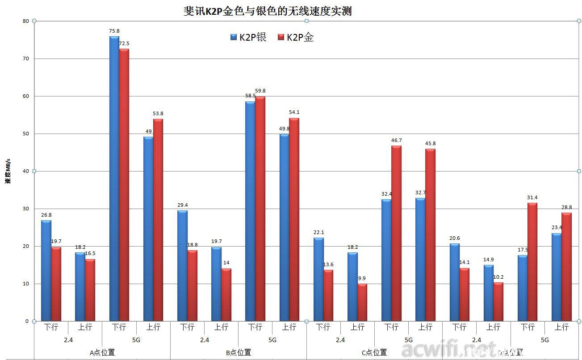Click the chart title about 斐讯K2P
(x=268, y=11)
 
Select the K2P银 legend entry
(x=248, y=38)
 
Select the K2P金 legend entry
(x=296, y=38)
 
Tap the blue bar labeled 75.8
(x=114, y=179)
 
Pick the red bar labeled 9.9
(x=362, y=302)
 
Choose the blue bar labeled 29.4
(x=182, y=266)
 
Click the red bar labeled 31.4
(x=532, y=262)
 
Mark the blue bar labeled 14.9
(x=488, y=293)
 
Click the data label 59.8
(x=260, y=91)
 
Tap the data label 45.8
(x=430, y=143)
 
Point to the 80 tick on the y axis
(x=25, y=21)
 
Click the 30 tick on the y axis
(x=25, y=209)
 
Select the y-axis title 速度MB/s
(x=8, y=171)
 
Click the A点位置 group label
(x=102, y=352)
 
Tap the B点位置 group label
(x=238, y=352)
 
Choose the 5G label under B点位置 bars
(x=272, y=340)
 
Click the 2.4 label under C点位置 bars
(x=340, y=340)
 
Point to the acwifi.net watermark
(x=449, y=349)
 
